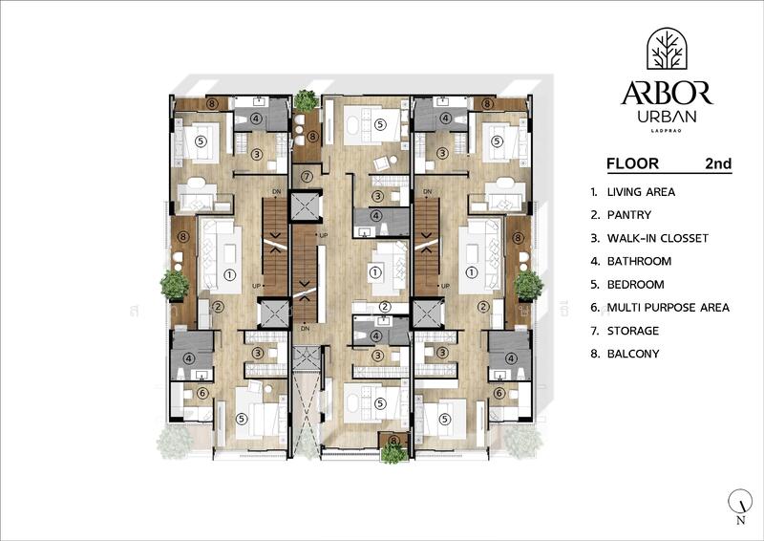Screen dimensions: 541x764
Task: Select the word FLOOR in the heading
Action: (632, 163)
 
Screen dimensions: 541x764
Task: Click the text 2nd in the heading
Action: (717, 163)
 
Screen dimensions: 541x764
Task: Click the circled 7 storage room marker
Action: (307, 177)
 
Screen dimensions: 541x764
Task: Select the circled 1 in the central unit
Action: (375, 272)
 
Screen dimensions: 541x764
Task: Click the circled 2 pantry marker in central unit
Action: (385, 306)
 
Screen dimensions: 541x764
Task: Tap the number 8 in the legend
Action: (594, 354)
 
